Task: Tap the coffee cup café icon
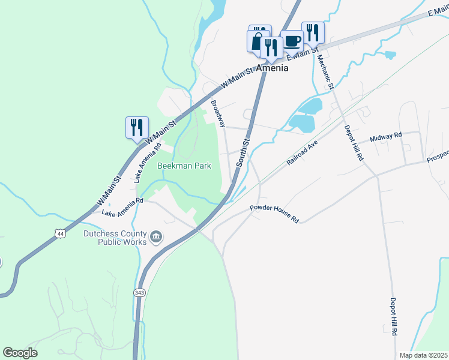click(292, 41)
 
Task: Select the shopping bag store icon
click(256, 41)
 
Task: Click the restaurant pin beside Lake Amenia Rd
click(137, 127)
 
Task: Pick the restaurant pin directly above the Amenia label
click(271, 47)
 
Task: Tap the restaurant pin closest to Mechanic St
click(313, 32)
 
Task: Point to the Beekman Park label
click(184, 166)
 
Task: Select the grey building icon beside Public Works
click(157, 238)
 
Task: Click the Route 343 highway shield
click(139, 292)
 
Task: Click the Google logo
click(20, 353)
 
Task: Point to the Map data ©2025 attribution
click(423, 355)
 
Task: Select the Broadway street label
click(218, 113)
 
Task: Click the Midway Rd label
click(385, 137)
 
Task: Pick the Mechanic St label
click(325, 71)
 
